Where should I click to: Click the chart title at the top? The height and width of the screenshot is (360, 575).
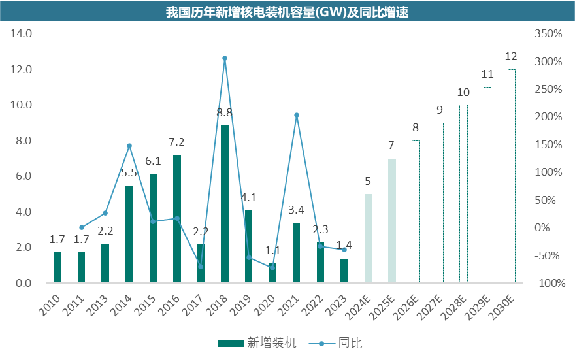pos(287,12)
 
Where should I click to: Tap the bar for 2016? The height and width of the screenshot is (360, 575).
pos(177,219)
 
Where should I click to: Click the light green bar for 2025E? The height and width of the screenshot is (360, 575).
pos(392,221)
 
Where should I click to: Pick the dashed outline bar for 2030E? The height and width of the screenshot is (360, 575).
pos(512,176)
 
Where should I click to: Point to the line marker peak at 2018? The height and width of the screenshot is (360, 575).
pos(225,59)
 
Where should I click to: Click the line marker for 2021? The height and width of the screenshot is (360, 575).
pos(297,115)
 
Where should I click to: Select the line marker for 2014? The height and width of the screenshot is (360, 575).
pos(129,146)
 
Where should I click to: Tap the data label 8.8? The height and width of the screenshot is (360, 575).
pos(225,113)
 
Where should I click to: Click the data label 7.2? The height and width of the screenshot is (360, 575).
pos(177,142)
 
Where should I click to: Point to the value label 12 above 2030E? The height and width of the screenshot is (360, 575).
pos(512,57)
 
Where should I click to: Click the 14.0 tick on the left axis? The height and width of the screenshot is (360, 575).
pos(22,33)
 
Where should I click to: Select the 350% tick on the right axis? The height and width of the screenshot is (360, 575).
pos(548,33)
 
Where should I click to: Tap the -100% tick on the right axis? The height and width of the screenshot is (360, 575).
pos(548,283)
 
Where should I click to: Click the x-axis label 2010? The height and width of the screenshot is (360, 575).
pos(52,306)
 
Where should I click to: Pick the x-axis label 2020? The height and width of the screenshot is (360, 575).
pos(267,306)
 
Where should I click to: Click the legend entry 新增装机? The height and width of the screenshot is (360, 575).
pos(257,342)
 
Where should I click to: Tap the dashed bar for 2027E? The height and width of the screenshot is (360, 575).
pos(440,203)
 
